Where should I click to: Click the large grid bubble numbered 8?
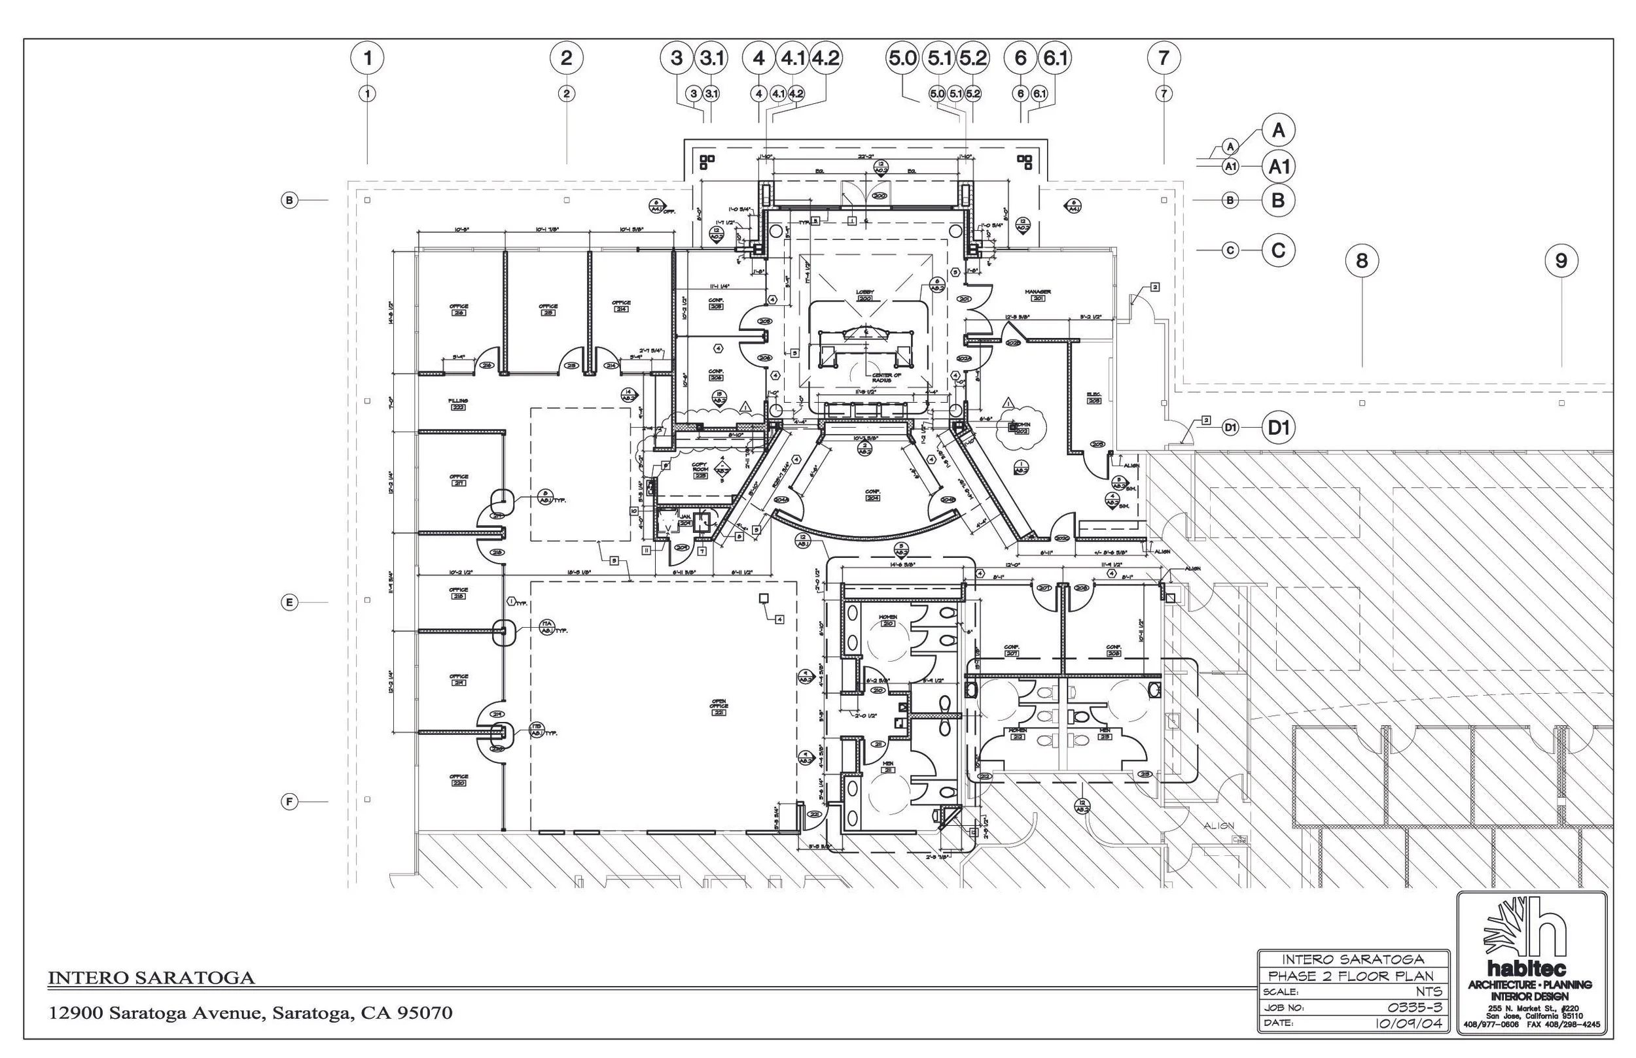tap(1362, 261)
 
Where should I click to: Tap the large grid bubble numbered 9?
tap(1561, 261)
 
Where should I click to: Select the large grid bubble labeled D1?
tap(1278, 428)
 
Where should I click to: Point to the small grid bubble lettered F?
tap(289, 802)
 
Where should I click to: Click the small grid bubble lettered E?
tap(289, 602)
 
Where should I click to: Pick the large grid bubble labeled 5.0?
tap(902, 58)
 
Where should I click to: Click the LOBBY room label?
tap(864, 293)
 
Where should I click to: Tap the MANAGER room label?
tap(1037, 292)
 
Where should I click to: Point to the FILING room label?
tap(458, 401)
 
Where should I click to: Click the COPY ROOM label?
tap(700, 468)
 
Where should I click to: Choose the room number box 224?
tap(873, 498)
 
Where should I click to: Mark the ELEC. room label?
tap(1094, 394)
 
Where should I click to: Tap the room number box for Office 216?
tap(459, 313)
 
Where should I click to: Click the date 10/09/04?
tap(1408, 1023)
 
